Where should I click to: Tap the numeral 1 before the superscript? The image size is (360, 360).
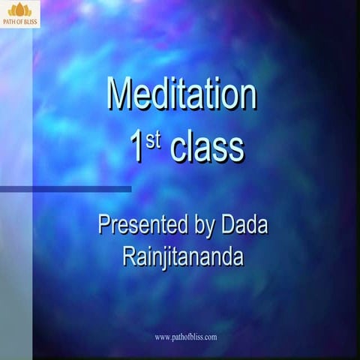tap(137, 147)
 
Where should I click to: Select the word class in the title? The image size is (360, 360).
tap(206, 148)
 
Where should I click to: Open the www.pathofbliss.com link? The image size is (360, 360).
tap(185, 337)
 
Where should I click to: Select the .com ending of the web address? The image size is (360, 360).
tap(209, 337)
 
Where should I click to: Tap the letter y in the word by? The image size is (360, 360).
tap(208, 226)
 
